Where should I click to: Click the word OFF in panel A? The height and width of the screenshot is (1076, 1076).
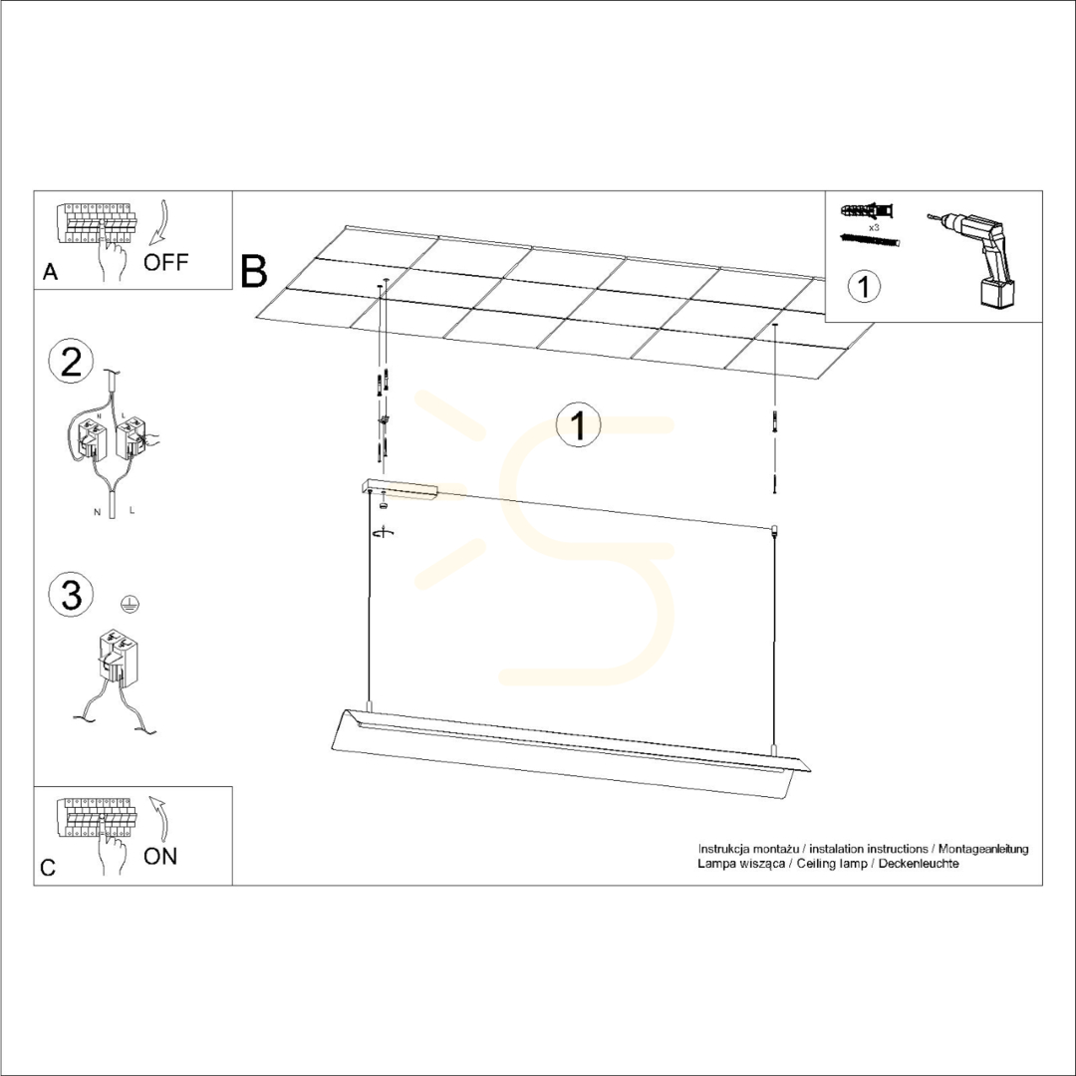[165, 262]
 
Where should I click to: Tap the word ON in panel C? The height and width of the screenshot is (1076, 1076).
[160, 857]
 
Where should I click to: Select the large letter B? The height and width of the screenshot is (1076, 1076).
[254, 271]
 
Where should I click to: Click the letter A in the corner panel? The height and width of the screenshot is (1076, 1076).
[50, 272]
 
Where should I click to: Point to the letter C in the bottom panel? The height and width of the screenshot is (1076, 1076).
[48, 868]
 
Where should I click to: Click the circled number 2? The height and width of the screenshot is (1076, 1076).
[72, 363]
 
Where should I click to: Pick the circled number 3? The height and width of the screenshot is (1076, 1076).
[72, 594]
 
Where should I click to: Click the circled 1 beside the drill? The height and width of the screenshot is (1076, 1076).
[864, 286]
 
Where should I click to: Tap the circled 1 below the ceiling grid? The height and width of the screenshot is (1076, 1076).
[579, 424]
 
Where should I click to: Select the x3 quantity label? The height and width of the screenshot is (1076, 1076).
[874, 226]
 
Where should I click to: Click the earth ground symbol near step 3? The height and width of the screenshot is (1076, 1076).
[131, 603]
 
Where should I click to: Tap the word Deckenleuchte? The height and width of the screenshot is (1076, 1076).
[919, 863]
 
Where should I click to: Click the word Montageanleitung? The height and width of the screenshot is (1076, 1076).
[983, 850]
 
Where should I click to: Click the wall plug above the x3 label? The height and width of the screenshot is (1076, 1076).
[867, 209]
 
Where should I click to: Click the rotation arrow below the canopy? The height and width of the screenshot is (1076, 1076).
[384, 532]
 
